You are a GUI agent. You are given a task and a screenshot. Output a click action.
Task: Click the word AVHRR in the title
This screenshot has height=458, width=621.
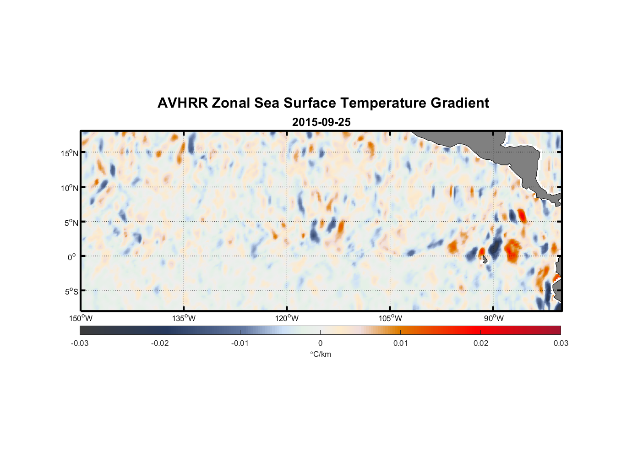pyautogui.click(x=182, y=103)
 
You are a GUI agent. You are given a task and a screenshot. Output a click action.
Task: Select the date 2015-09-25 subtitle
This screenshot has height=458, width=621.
pyautogui.click(x=321, y=122)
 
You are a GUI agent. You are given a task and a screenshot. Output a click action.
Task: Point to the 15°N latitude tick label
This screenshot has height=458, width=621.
pyautogui.click(x=69, y=153)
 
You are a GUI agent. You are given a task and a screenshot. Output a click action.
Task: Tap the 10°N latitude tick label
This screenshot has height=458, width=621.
pyautogui.click(x=69, y=188)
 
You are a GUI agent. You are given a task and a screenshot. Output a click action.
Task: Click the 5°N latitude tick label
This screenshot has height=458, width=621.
pyautogui.click(x=71, y=223)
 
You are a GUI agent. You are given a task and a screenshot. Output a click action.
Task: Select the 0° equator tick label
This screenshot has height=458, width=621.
pyautogui.click(x=71, y=257)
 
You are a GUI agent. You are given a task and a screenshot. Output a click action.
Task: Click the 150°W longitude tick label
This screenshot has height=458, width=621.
pyautogui.click(x=81, y=318)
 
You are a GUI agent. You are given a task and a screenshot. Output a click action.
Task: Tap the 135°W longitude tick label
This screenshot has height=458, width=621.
pyautogui.click(x=184, y=318)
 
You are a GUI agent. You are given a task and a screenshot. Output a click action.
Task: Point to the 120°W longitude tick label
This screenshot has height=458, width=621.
pyautogui.click(x=287, y=318)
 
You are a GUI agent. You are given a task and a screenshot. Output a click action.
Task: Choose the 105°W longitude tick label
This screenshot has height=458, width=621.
pyautogui.click(x=390, y=318)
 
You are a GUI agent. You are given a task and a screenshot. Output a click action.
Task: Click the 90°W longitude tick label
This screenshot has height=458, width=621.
pyautogui.click(x=493, y=318)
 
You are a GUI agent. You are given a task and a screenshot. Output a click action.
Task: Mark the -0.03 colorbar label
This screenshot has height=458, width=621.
pyautogui.click(x=80, y=343)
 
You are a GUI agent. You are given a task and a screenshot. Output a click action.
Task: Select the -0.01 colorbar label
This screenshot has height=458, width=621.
pyautogui.click(x=240, y=343)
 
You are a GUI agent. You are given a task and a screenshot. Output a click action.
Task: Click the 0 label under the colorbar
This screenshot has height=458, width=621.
pyautogui.click(x=320, y=343)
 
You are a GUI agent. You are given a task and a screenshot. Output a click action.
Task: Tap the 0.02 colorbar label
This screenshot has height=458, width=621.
pyautogui.click(x=480, y=343)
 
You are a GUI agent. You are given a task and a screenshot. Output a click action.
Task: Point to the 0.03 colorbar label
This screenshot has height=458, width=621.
pyautogui.click(x=561, y=343)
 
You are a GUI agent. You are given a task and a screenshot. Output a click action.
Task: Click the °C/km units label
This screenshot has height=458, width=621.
pyautogui.click(x=320, y=354)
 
